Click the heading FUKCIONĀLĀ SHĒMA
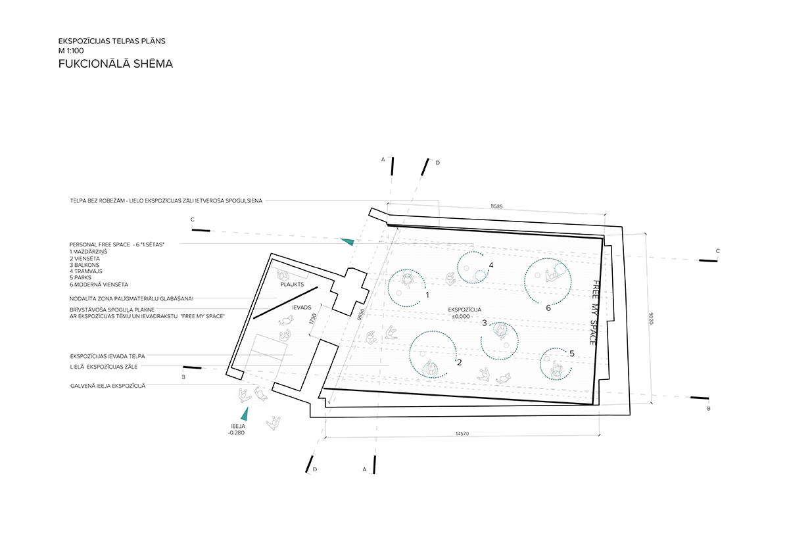[116, 64]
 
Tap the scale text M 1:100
[71, 51]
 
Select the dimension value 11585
[496, 206]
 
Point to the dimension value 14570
[462, 434]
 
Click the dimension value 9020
[651, 318]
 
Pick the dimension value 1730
[314, 319]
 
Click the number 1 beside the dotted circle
[427, 294]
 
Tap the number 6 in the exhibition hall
[548, 308]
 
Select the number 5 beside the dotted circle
[571, 354]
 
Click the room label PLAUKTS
[292, 284]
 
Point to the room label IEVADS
[302, 308]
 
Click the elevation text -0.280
[236, 432]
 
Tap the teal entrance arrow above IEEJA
[245, 414]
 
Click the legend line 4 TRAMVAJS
[86, 271]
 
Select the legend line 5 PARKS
[80, 277]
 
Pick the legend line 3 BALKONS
[85, 265]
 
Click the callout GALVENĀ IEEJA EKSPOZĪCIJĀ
[108, 386]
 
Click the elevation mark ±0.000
[461, 317]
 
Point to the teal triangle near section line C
[347, 241]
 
